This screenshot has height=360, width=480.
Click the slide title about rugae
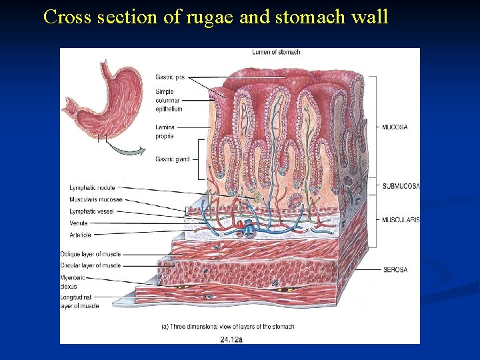tap(215, 17)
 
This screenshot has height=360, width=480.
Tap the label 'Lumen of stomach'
tap(276, 52)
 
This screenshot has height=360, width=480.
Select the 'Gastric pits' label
tap(169, 77)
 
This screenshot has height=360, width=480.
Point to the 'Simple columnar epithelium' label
tap(169, 99)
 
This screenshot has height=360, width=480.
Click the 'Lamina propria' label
tap(165, 131)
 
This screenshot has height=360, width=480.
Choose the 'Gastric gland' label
tap(172, 159)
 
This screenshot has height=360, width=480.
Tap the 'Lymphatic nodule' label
tap(92, 187)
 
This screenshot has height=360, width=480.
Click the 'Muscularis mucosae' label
tap(95, 199)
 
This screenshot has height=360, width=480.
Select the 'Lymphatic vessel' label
tap(91, 211)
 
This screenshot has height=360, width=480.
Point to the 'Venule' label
tap(79, 223)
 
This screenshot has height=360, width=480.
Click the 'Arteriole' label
tap(80, 235)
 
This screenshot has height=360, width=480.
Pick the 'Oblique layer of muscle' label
tap(90, 254)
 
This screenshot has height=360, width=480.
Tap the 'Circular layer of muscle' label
tap(90, 265)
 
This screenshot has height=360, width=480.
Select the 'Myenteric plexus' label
tap(73, 281)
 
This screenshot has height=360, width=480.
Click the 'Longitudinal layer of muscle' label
tap(79, 301)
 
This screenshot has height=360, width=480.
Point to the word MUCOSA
tap(395, 127)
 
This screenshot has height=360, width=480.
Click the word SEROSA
tap(395, 270)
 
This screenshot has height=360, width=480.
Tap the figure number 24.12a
tap(231, 339)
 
